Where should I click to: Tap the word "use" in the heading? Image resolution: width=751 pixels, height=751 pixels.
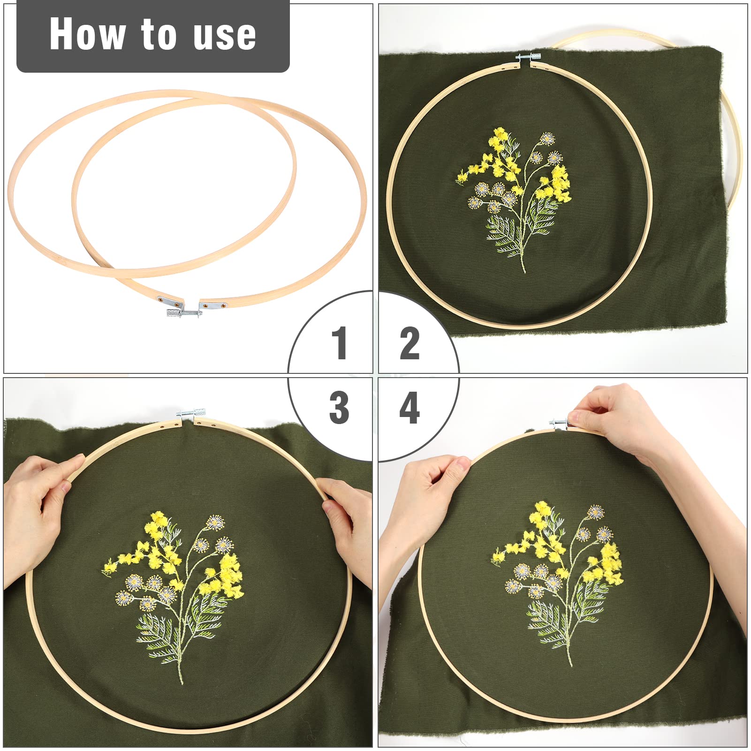pyautogui.click(x=225, y=36)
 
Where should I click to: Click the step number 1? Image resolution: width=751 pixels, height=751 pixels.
pyautogui.click(x=340, y=343)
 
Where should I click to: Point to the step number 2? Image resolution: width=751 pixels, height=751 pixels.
pyautogui.click(x=410, y=343)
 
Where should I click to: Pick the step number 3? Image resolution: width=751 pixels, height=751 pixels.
pyautogui.click(x=339, y=408)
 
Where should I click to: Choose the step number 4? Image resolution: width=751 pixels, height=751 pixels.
pyautogui.click(x=410, y=408)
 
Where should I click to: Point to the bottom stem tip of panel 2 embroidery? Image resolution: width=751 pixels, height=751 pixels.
pyautogui.click(x=524, y=271)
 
